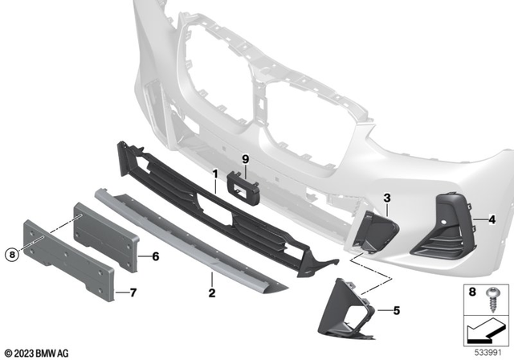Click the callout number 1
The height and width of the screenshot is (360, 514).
coord(215,174)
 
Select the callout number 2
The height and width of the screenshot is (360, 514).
coord(212,293)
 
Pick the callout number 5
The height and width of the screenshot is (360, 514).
coord(396,309)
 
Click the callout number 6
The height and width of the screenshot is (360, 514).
coord(156,257)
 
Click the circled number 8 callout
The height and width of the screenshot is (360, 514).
coord(11,256)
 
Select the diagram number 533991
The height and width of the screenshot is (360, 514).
coord(492,350)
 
